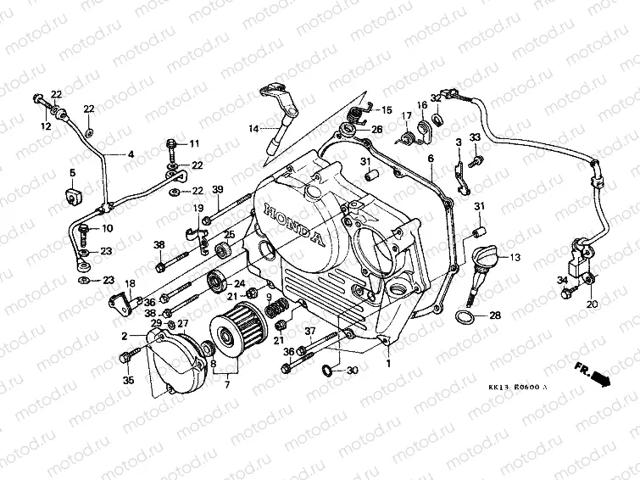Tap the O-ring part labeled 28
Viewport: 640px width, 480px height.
pyautogui.click(x=465, y=317)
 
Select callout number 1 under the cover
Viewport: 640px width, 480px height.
pyautogui.click(x=389, y=362)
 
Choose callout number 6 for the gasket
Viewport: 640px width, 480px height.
pyautogui.click(x=430, y=159)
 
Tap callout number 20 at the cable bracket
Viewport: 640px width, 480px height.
pyautogui.click(x=591, y=304)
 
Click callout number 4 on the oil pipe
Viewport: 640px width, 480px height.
pyautogui.click(x=131, y=154)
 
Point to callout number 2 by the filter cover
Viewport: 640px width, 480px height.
pyautogui.click(x=125, y=337)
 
